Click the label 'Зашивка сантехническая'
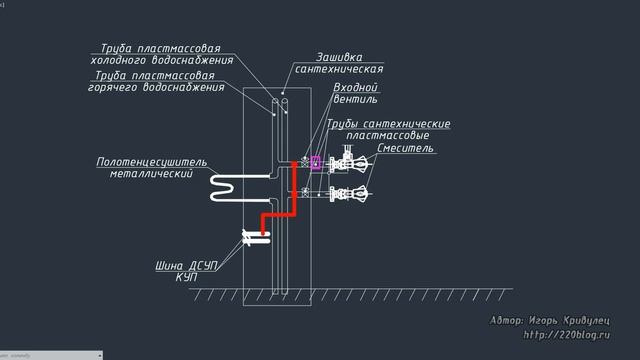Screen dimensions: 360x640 [x=339, y=63]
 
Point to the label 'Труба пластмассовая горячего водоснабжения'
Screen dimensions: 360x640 [x=154, y=81]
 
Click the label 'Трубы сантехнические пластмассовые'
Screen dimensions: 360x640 [x=388, y=129]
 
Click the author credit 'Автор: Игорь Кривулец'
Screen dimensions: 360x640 [x=550, y=321]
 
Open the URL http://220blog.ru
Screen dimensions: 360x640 [x=566, y=335]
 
